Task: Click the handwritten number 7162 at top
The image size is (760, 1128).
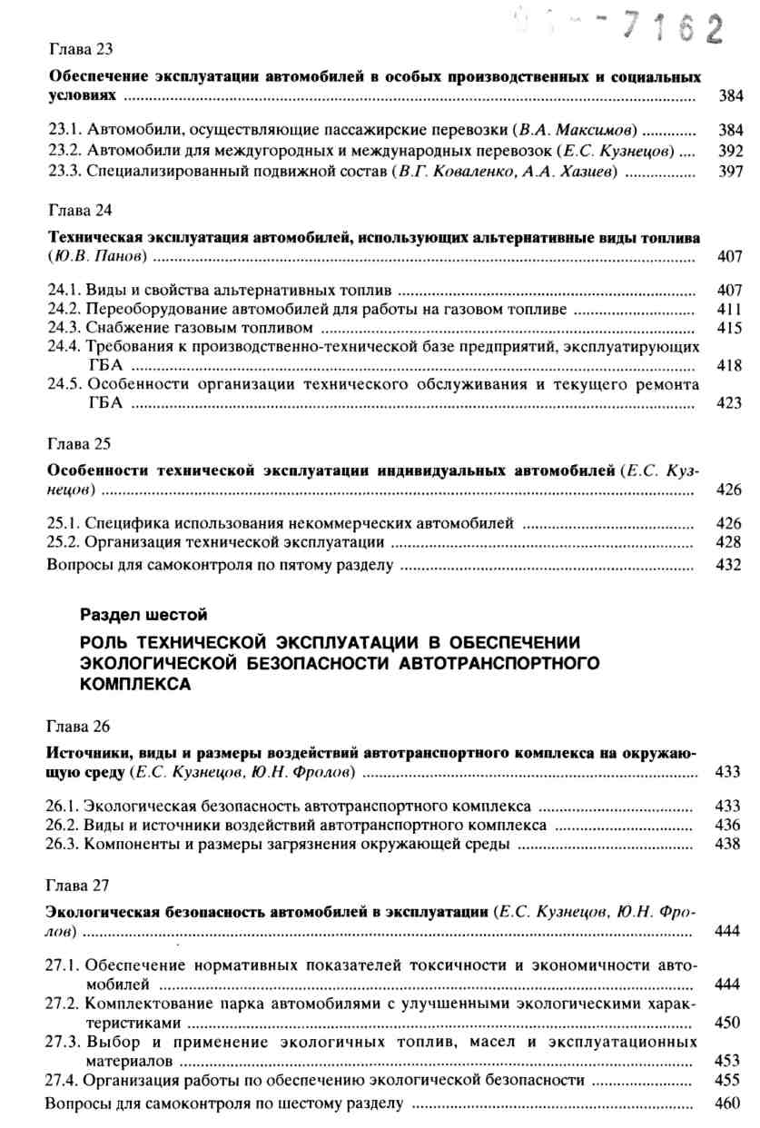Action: (670, 27)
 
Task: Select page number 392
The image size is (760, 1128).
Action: (729, 151)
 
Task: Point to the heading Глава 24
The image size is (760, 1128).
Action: (79, 211)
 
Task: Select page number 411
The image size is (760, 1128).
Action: (729, 310)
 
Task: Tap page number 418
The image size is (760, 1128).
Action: (729, 366)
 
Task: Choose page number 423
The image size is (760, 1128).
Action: (729, 404)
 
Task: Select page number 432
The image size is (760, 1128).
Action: (729, 564)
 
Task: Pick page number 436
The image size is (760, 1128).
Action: (729, 825)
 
